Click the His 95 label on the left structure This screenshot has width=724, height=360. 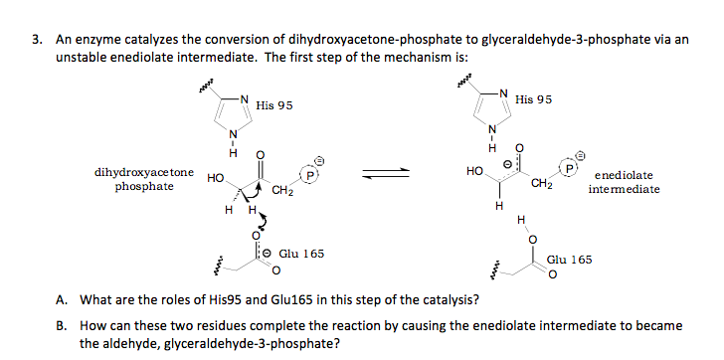click(273, 104)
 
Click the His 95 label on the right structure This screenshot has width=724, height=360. click(534, 100)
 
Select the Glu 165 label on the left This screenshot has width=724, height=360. click(300, 254)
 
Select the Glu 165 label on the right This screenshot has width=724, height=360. click(570, 259)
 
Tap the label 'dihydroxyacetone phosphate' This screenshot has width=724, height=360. click(144, 178)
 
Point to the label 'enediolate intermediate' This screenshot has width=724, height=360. click(624, 182)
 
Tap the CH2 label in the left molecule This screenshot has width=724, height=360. click(283, 189)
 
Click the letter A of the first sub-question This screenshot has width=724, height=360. click(61, 300)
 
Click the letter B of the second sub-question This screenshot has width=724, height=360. click(61, 325)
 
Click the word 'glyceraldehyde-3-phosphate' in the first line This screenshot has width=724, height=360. click(552, 41)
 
